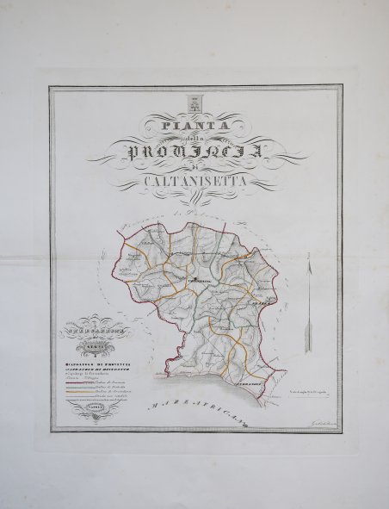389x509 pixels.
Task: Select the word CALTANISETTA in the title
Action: click(196, 183)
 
